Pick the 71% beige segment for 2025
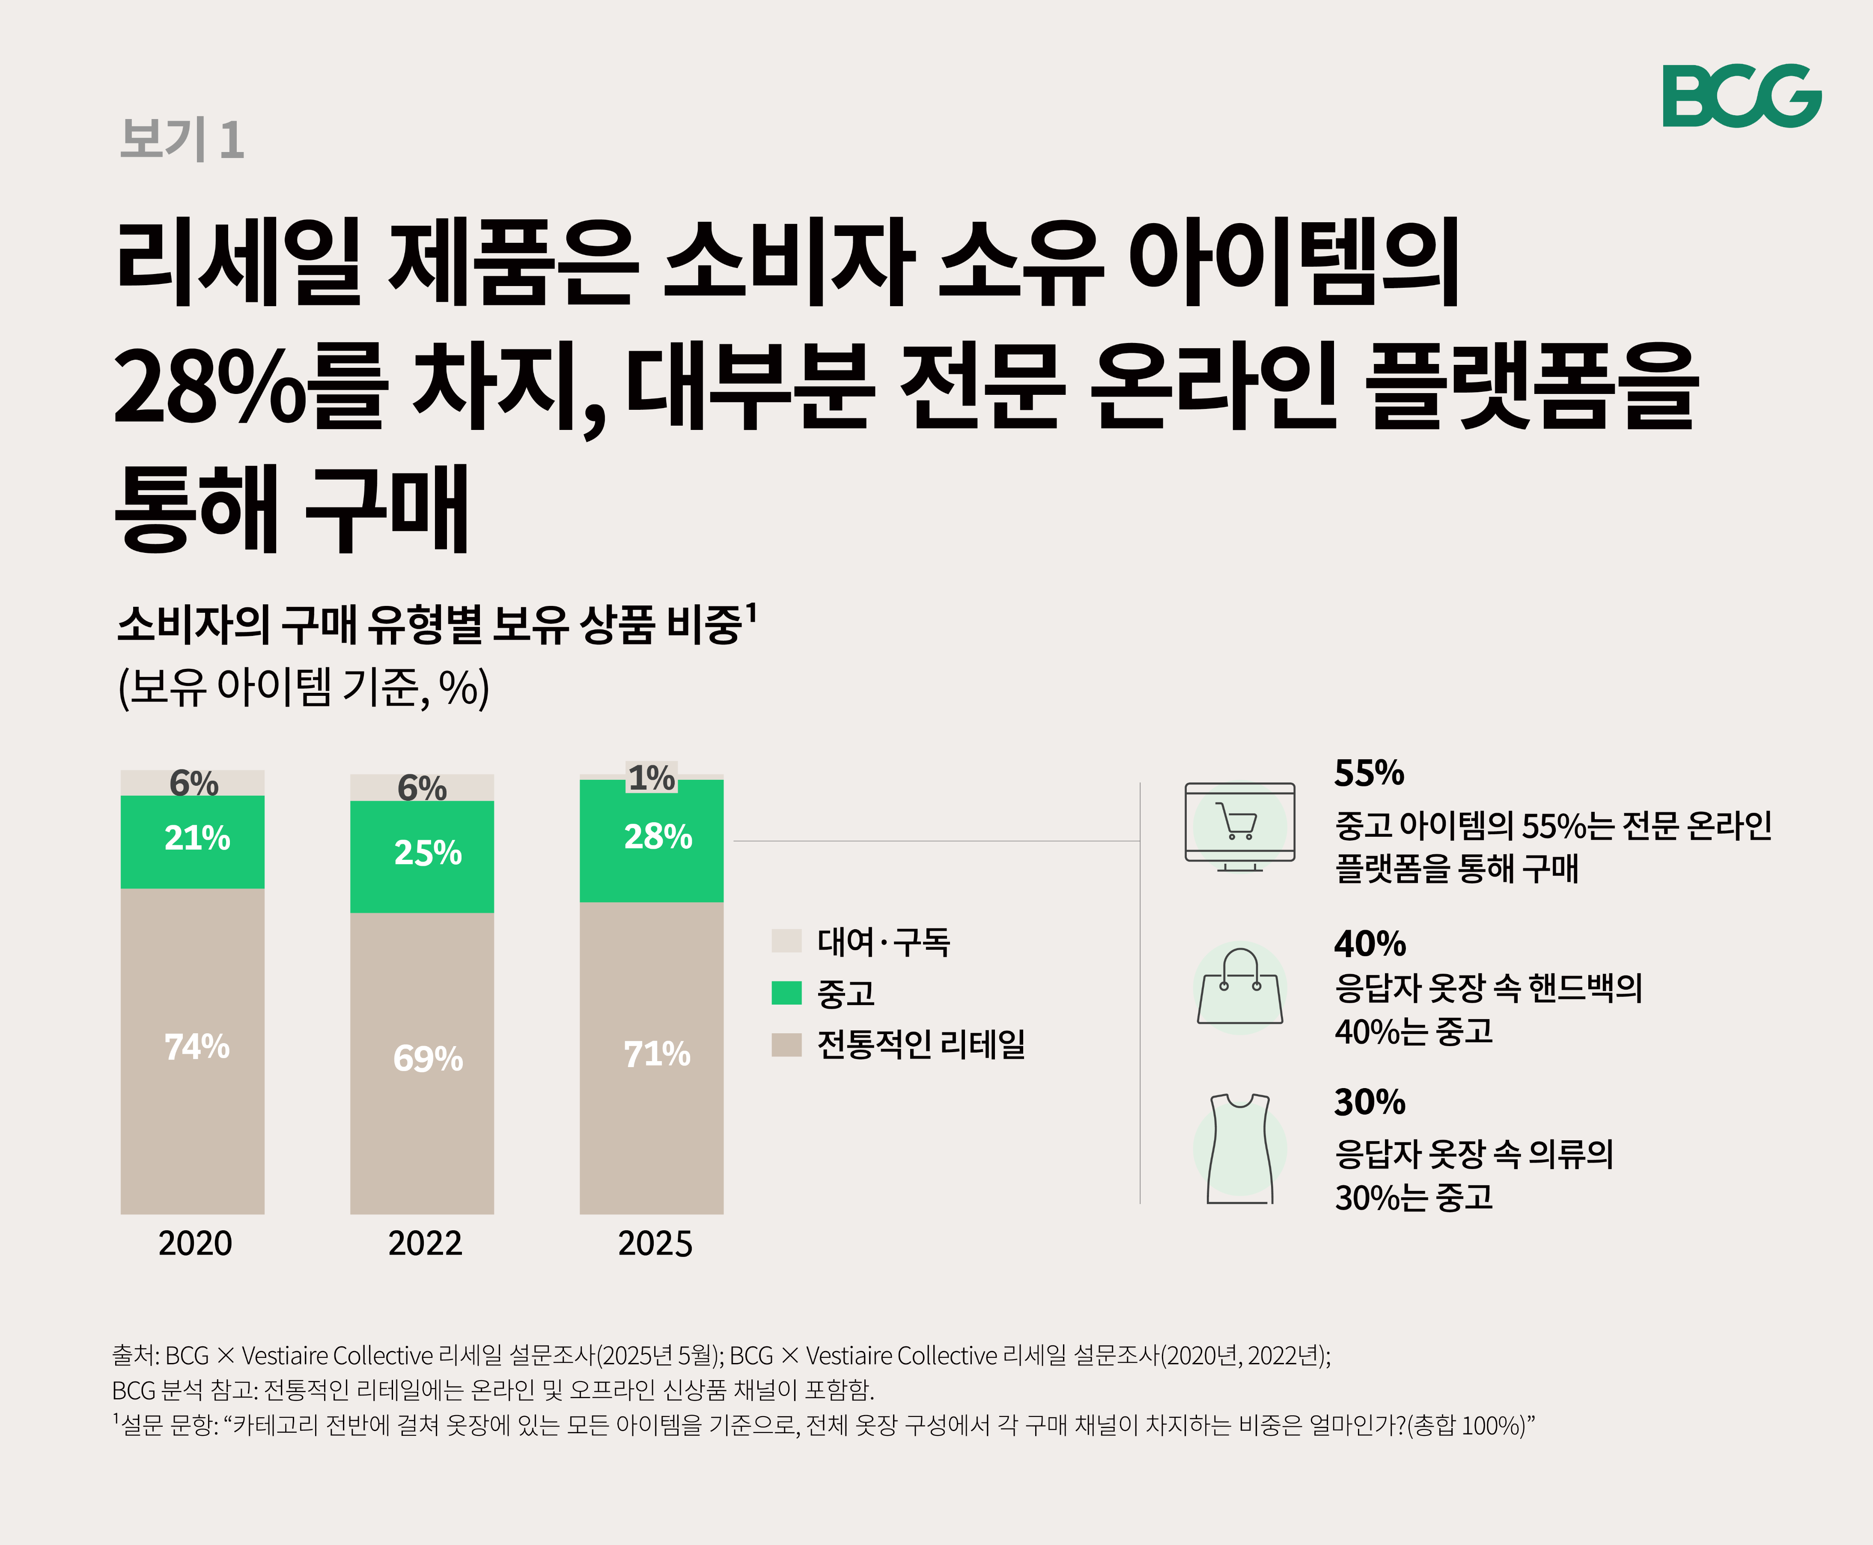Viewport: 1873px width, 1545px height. [651, 1057]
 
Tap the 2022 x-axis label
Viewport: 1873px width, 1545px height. [424, 1243]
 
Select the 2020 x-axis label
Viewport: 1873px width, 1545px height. [195, 1243]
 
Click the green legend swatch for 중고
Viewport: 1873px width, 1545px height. [786, 992]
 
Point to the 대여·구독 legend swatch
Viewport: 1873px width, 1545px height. [786, 941]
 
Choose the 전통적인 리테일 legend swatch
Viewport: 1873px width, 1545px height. [786, 1044]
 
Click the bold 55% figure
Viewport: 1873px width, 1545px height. [1369, 773]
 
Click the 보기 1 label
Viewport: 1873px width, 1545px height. [182, 140]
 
